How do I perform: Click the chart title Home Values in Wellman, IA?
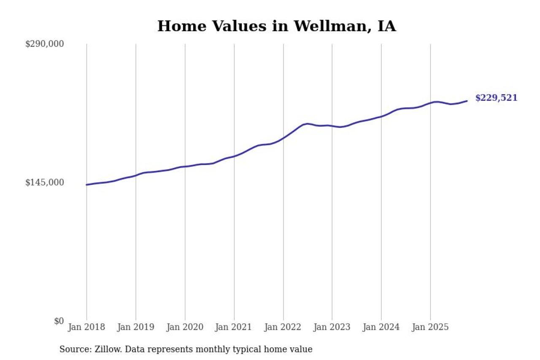(276, 26)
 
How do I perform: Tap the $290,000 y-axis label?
(45, 44)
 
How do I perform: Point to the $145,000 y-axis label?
(45, 182)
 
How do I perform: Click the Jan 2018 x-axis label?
(86, 327)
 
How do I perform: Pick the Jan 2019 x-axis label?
(136, 327)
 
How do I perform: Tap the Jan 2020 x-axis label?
(185, 327)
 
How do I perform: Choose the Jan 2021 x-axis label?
(234, 327)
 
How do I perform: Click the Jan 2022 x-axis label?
(283, 327)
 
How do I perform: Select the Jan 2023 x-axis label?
(332, 327)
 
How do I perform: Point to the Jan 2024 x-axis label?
(381, 327)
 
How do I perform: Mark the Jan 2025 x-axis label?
(430, 327)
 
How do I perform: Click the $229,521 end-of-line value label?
(496, 98)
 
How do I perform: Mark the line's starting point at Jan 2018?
(86, 185)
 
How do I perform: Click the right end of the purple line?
(467, 101)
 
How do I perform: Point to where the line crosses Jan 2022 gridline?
(283, 138)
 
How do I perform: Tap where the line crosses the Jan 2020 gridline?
(185, 166)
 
